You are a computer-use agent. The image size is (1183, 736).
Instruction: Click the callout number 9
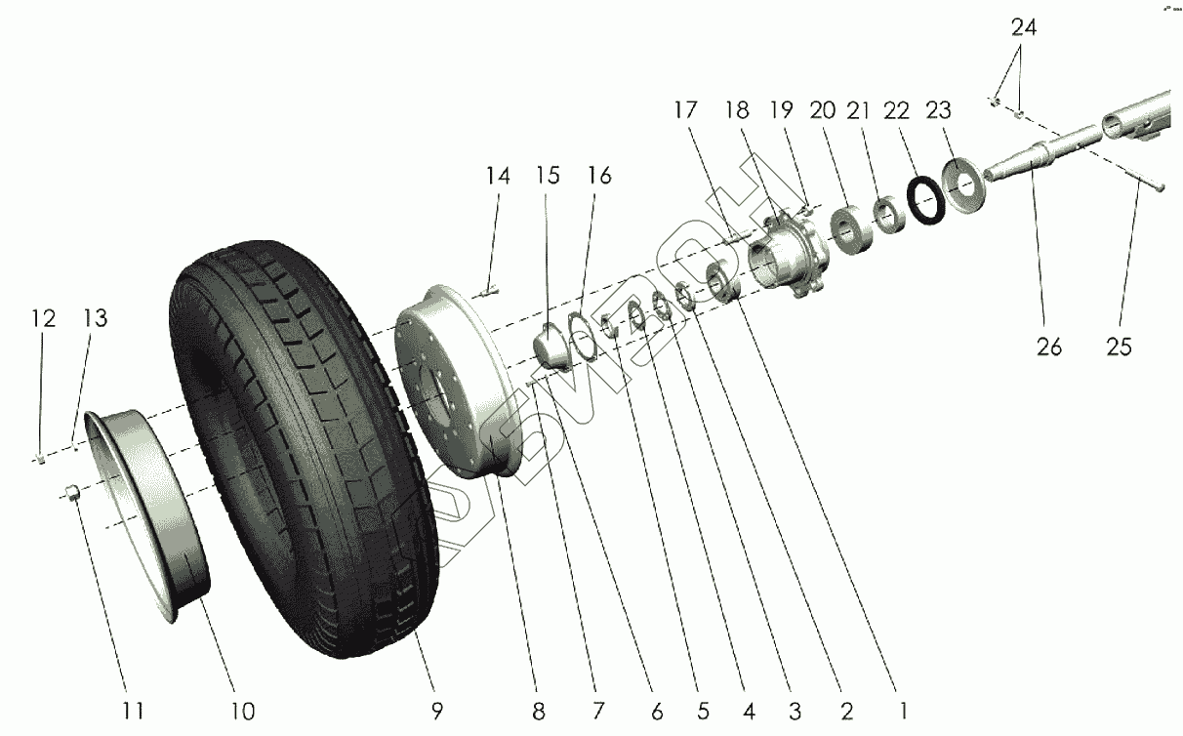(436, 710)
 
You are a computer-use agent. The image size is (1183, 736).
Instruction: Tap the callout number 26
(1050, 346)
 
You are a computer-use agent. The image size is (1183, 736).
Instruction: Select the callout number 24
(1023, 27)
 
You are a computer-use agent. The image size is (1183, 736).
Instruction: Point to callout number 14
(498, 177)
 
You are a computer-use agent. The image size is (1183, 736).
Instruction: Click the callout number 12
(43, 319)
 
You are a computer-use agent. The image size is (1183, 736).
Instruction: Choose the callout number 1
(904, 710)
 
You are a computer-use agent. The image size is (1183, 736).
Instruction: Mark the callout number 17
(685, 110)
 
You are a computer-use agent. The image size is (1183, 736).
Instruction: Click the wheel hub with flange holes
(789, 256)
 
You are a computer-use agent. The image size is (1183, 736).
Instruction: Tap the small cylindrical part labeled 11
(71, 491)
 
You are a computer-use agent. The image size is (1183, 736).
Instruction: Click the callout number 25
(1119, 346)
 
